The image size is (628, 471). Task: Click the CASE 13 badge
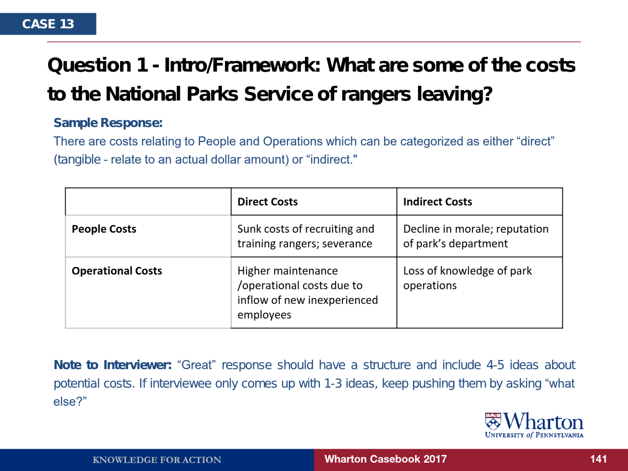click(x=48, y=24)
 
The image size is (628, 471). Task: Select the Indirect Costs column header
click(x=438, y=202)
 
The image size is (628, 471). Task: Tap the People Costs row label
click(x=104, y=229)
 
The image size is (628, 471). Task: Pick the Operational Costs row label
click(x=117, y=271)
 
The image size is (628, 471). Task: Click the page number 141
click(x=598, y=459)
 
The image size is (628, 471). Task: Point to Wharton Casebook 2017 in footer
click(x=386, y=459)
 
